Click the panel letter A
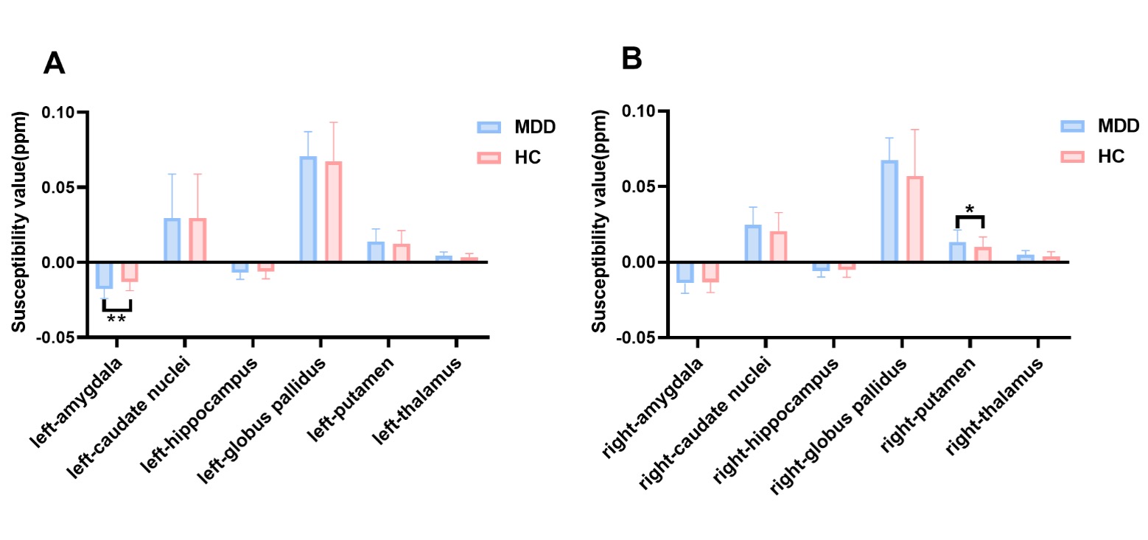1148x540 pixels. coord(55,63)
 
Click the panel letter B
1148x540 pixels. coord(631,59)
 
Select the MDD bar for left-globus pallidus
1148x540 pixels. coord(308,209)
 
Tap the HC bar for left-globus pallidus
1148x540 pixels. coord(333,211)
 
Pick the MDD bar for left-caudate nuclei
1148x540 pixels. coord(172,240)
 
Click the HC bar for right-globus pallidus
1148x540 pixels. coord(914,219)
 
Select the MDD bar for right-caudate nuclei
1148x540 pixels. coord(753,243)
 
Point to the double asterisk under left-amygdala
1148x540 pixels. coord(116,320)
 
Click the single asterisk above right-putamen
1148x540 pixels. coord(970,210)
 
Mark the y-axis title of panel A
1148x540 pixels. coord(21,223)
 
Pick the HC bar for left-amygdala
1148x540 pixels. coord(130,271)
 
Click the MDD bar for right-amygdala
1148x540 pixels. coord(685,272)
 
